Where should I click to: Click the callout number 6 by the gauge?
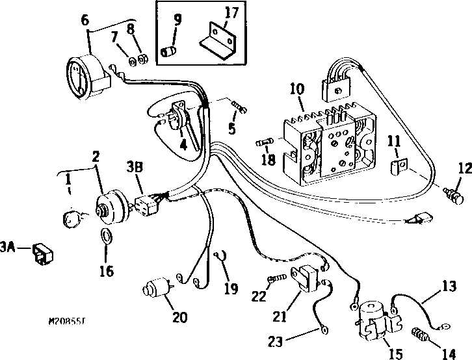[84, 21]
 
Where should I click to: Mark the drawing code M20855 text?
[70, 320]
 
